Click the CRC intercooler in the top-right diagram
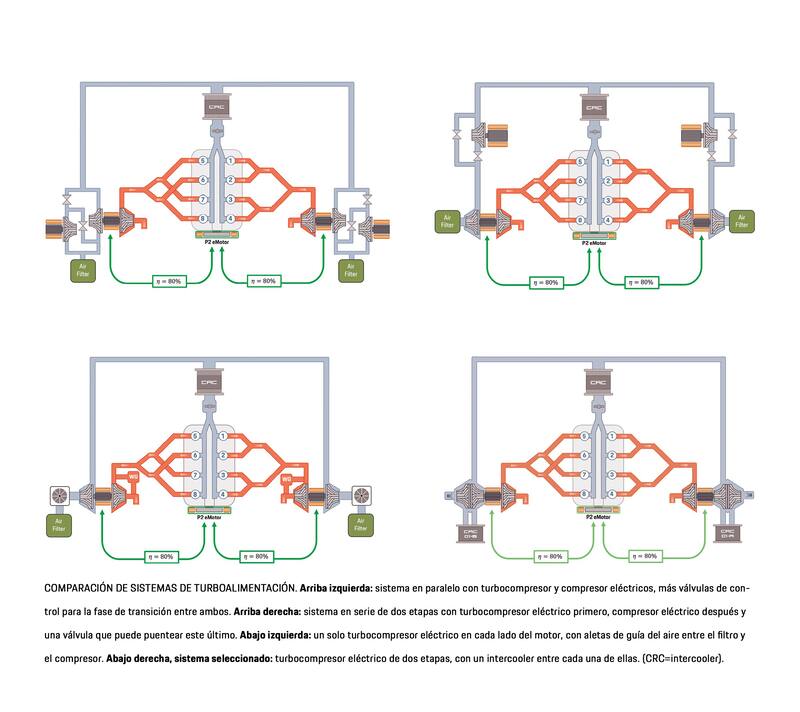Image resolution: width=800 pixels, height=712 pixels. coord(594,105)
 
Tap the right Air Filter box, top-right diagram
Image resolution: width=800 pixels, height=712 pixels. coord(741,220)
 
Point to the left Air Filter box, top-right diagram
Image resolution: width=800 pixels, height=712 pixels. coord(446,220)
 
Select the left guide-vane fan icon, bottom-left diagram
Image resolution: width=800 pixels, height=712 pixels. coord(61,494)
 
